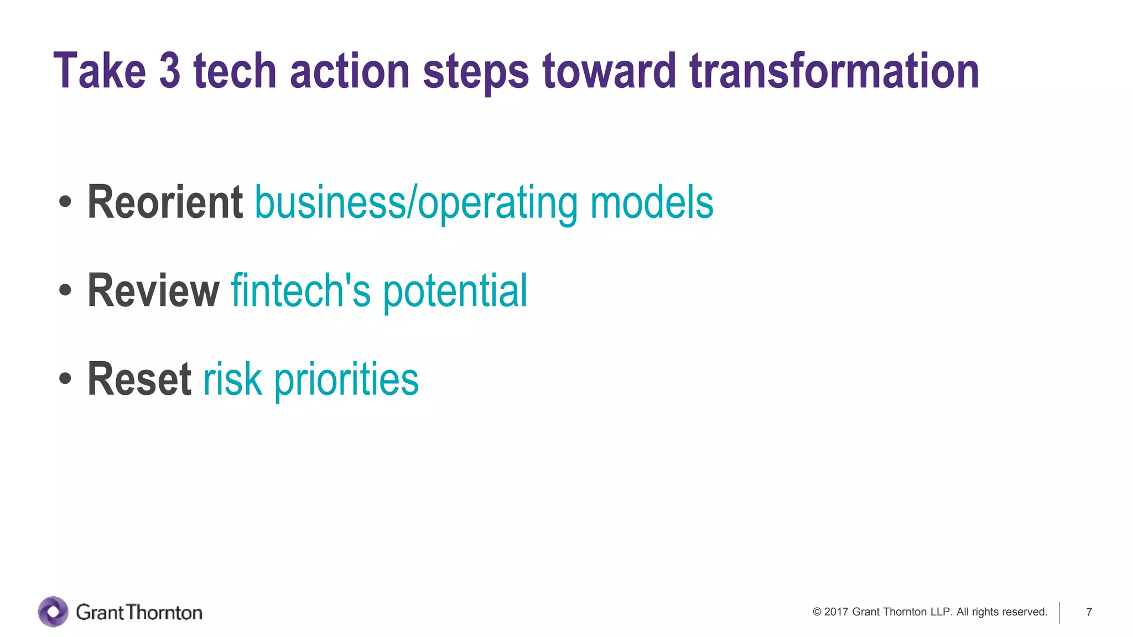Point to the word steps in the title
(x=476, y=72)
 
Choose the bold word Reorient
(x=165, y=202)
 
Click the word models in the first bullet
(x=652, y=202)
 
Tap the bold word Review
(x=153, y=291)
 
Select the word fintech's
(x=300, y=291)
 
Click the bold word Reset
(x=139, y=379)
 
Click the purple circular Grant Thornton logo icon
(x=53, y=612)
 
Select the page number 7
(x=1089, y=612)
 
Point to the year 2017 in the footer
(x=836, y=612)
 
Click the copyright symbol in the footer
(x=817, y=612)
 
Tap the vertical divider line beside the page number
(x=1059, y=613)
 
